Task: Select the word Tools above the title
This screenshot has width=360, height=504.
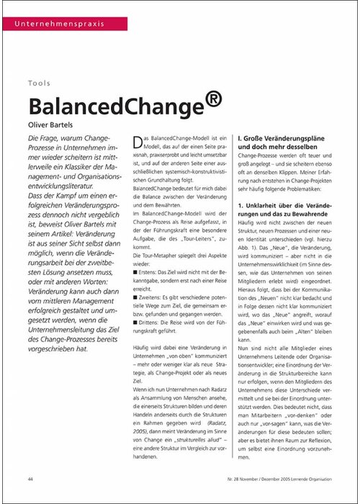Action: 40,84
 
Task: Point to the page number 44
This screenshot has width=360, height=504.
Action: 30,480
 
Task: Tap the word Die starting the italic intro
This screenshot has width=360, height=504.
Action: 34,138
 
